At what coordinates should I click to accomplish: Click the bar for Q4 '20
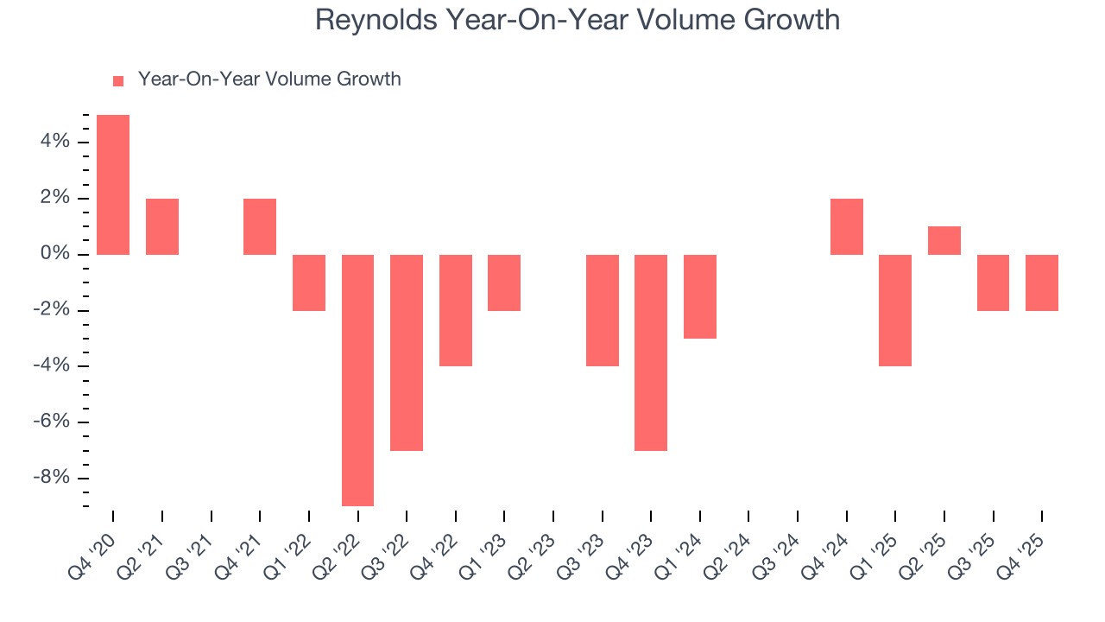pyautogui.click(x=113, y=185)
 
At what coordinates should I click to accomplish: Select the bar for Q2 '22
pyautogui.click(x=358, y=380)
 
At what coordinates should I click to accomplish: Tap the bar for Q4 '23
pyautogui.click(x=651, y=352)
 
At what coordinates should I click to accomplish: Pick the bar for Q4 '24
pyautogui.click(x=847, y=226)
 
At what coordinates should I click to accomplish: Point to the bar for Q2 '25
pyautogui.click(x=944, y=240)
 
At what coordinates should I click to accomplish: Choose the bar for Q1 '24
pyautogui.click(x=700, y=296)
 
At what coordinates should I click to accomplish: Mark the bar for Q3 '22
pyautogui.click(x=407, y=352)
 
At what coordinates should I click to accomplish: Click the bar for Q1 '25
pyautogui.click(x=895, y=310)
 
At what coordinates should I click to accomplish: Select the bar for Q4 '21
pyautogui.click(x=260, y=226)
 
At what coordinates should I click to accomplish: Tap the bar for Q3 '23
pyautogui.click(x=603, y=310)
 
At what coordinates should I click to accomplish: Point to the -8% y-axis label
pyautogui.click(x=50, y=479)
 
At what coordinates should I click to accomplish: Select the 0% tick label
pyautogui.click(x=54, y=255)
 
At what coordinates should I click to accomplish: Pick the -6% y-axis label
pyautogui.click(x=50, y=422)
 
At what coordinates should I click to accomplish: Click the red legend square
pyautogui.click(x=118, y=80)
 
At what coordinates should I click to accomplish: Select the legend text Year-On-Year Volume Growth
pyautogui.click(x=269, y=79)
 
